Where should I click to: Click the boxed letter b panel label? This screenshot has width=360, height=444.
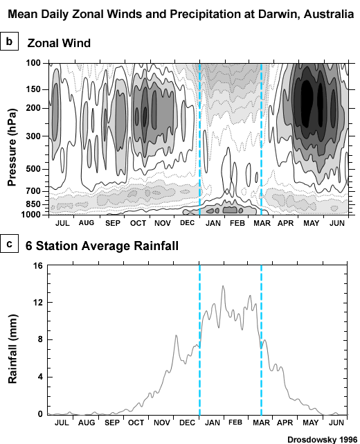coord(10,42)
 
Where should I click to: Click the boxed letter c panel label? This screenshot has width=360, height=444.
coord(10,244)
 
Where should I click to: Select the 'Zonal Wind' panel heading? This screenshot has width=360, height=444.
coord(59,43)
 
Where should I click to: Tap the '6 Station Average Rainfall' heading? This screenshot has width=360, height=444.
coord(102,245)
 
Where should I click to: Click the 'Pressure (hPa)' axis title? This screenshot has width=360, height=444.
coord(12,141)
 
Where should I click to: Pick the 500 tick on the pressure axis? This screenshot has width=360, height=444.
coord(33,169)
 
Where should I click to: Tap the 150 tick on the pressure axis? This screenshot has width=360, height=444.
coord(33,89)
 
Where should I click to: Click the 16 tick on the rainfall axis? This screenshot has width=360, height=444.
coord(38,265)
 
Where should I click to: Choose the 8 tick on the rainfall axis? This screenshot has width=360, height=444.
coord(40,339)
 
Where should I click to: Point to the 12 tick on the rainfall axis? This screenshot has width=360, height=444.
coord(38,303)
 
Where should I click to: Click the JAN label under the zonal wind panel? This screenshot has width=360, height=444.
coord(212,223)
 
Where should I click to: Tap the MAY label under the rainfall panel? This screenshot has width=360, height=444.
coord(309,422)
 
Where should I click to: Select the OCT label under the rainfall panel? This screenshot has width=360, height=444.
coord(136,422)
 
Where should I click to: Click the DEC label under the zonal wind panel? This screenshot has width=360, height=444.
coord(187,223)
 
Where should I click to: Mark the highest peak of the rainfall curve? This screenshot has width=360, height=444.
coord(223,286)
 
